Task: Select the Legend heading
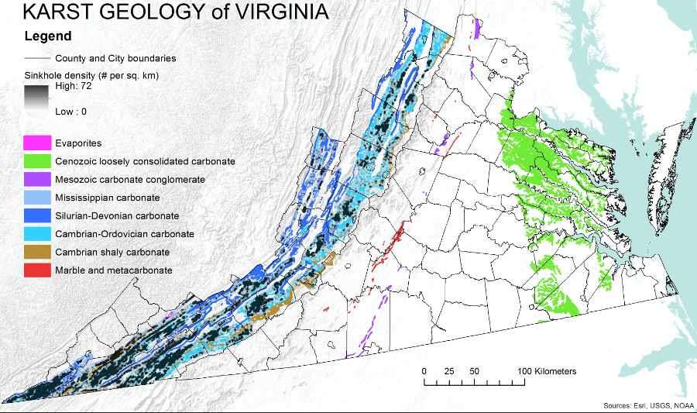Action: click(48, 36)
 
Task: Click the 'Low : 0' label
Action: click(71, 112)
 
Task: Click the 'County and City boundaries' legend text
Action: click(115, 58)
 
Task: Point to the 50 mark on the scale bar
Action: click(474, 371)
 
